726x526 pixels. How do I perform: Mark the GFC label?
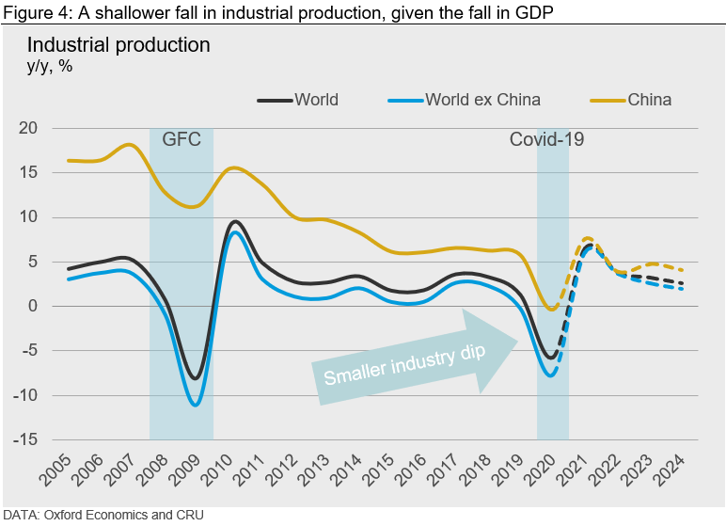(x=181, y=140)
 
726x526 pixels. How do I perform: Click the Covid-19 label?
(x=547, y=140)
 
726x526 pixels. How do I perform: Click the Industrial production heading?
(x=118, y=45)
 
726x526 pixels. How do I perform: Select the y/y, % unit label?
(x=51, y=67)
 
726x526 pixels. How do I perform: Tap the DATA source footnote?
(x=102, y=515)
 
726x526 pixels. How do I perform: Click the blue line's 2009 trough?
(x=195, y=405)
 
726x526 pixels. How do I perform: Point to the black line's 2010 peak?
(x=235, y=222)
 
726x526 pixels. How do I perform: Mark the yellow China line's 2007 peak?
(x=130, y=145)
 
